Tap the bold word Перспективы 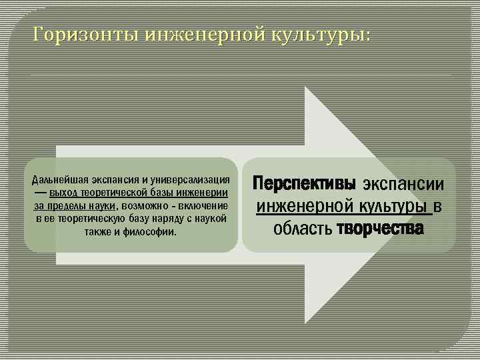(x=304, y=184)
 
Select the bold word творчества (x=379, y=229)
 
